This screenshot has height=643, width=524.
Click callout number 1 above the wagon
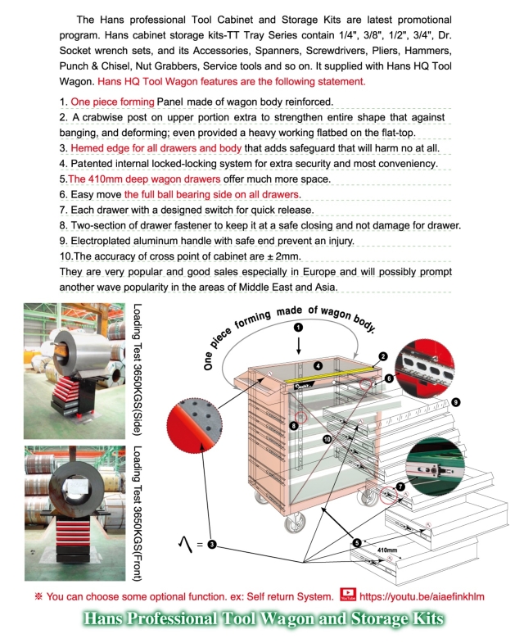pyautogui.click(x=298, y=327)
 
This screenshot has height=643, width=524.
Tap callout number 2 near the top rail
pyautogui.click(x=382, y=356)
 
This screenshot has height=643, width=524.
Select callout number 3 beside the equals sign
pyautogui.click(x=211, y=544)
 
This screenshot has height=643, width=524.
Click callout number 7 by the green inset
pyautogui.click(x=400, y=487)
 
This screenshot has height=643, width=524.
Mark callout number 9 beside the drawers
pyautogui.click(x=455, y=402)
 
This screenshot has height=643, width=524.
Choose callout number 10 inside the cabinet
pyautogui.click(x=327, y=440)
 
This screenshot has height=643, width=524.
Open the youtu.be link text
pyautogui.click(x=422, y=596)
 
